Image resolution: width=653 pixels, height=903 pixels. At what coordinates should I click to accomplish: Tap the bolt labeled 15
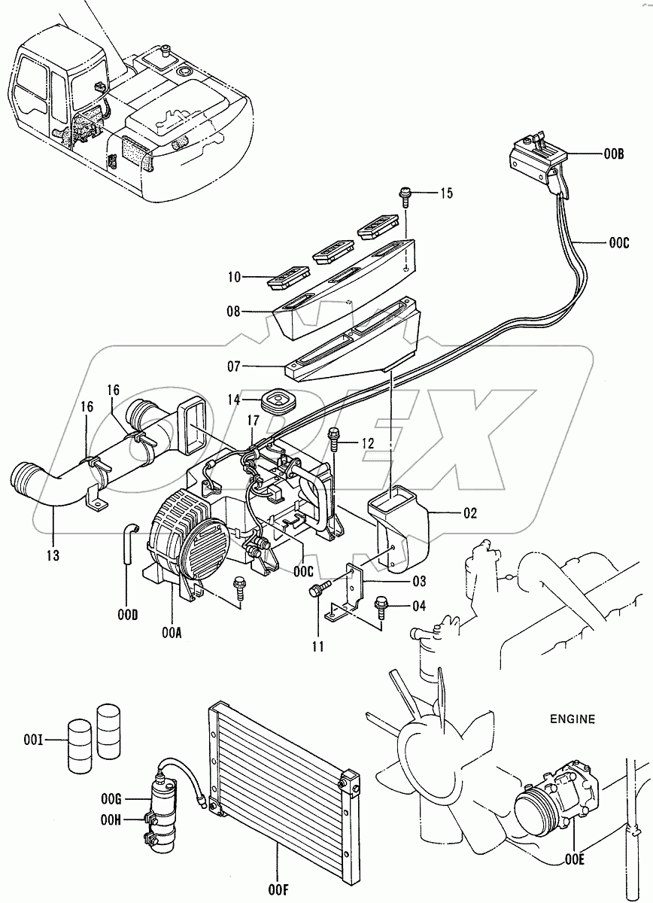click(405, 196)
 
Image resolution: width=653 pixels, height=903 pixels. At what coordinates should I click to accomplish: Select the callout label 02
click(470, 515)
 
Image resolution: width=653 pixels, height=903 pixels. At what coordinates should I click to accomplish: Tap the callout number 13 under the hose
click(52, 555)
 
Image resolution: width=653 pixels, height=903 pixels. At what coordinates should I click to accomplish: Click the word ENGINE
click(572, 719)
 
